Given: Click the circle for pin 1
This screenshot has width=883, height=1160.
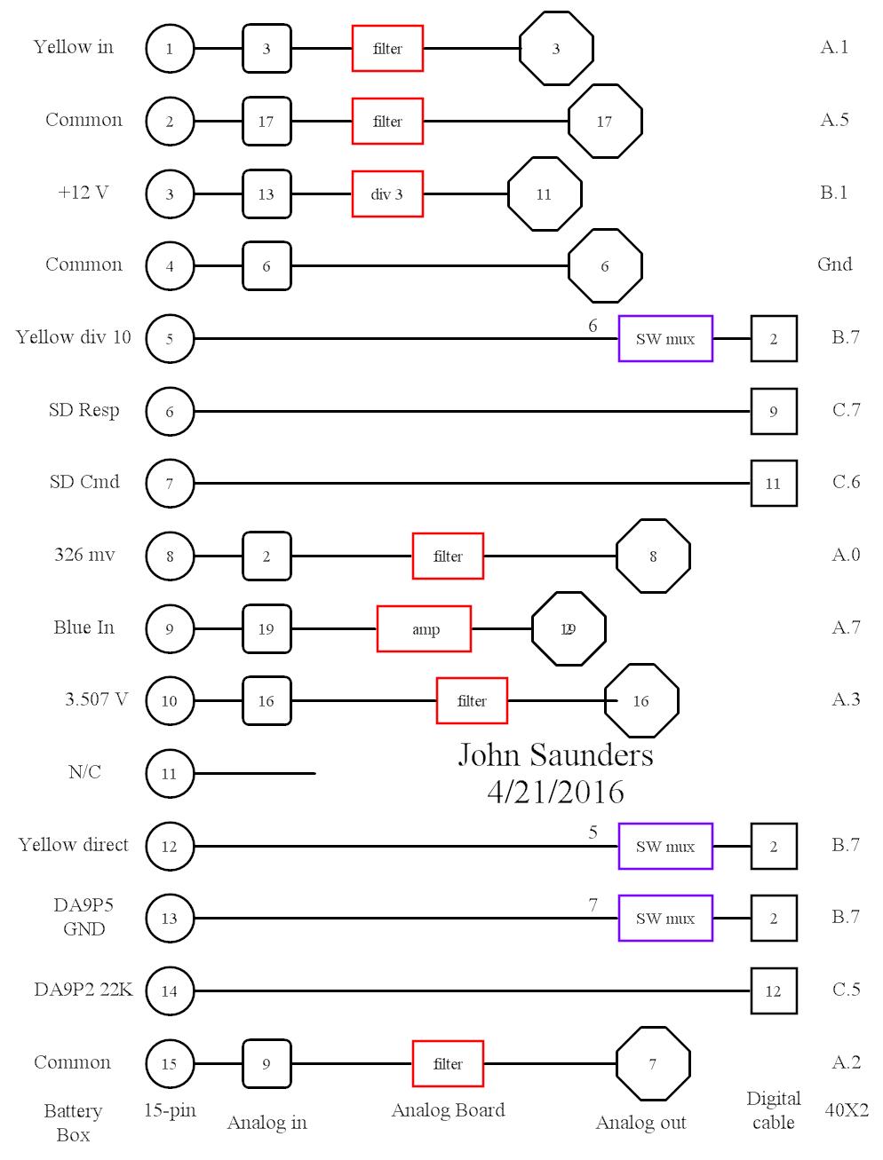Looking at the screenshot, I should click(170, 48).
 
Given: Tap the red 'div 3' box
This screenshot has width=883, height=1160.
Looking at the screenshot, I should click(387, 194).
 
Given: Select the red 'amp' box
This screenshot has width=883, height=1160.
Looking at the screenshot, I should click(424, 628).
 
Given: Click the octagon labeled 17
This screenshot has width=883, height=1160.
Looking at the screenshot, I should click(604, 121).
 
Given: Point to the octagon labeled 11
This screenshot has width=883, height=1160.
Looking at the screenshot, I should click(545, 194).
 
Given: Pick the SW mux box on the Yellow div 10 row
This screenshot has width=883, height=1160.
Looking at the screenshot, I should click(665, 338).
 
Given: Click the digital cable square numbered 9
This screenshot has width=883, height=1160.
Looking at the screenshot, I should click(774, 411).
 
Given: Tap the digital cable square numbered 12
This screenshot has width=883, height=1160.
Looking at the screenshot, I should click(774, 990).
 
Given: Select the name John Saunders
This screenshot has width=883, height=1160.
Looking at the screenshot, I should click(555, 754).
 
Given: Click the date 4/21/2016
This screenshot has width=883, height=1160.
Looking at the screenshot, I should click(555, 791).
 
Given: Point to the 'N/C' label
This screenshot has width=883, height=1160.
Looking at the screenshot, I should click(84, 772).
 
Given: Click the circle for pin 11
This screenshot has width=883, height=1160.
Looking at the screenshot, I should click(170, 773).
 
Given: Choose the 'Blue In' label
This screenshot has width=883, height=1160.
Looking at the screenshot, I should click(84, 627).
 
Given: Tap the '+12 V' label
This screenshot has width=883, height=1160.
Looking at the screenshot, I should click(84, 192).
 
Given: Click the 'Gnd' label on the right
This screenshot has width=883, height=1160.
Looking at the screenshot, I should click(834, 264).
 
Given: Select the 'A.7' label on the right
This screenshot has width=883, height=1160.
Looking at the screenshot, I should click(846, 627).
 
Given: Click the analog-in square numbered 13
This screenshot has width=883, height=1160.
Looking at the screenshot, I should click(266, 194).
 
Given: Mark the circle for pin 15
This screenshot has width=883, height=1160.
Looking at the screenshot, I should click(170, 1063).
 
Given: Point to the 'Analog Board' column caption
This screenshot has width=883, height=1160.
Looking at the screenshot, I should click(448, 1109).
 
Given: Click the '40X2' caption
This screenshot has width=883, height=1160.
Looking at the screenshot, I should click(847, 1109).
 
